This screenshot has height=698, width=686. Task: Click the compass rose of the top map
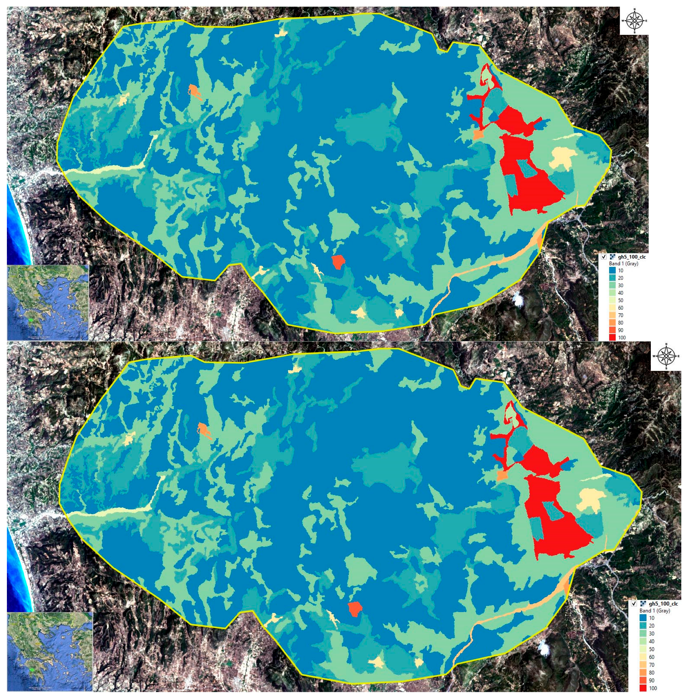(x=634, y=20)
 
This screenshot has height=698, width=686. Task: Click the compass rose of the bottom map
(x=666, y=356)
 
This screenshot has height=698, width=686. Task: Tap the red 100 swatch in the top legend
(x=612, y=337)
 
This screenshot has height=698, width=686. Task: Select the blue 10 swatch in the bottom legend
(x=643, y=618)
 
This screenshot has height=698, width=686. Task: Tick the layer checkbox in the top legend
(x=604, y=257)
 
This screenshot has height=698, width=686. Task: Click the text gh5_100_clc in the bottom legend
(x=663, y=604)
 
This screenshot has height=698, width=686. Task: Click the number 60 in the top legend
(x=621, y=308)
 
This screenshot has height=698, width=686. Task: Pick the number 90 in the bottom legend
(x=652, y=680)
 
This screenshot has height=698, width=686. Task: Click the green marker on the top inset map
(x=32, y=321)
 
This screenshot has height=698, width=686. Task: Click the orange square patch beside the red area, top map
(x=478, y=135)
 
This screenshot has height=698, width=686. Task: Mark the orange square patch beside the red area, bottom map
(x=502, y=475)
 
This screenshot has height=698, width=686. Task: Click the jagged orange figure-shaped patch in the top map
(x=195, y=92)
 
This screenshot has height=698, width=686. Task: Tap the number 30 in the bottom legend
(x=652, y=633)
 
